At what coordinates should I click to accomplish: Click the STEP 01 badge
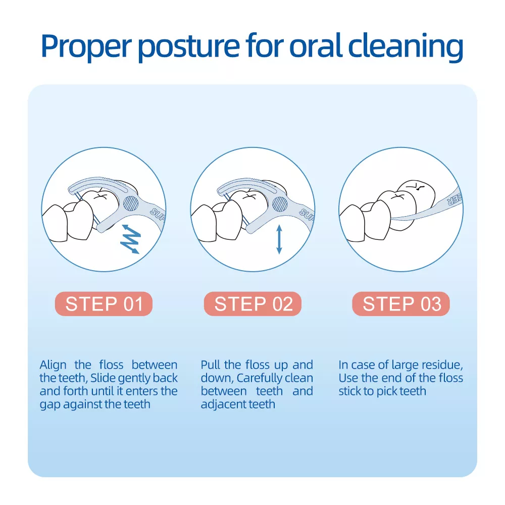tap(104, 304)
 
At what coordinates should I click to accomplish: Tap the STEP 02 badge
tap(252, 304)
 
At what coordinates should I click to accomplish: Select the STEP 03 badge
tap(401, 304)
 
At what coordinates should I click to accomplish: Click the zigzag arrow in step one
tap(130, 239)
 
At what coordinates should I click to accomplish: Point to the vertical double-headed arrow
tap(279, 239)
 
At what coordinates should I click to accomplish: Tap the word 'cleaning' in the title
tap(406, 46)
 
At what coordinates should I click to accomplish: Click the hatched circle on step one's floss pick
tap(131, 203)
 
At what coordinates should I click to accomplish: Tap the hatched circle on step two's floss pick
tap(280, 204)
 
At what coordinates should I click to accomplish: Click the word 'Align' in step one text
tap(53, 366)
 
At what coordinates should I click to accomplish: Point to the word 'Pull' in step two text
tap(210, 365)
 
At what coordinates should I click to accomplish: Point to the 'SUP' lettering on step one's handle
tap(158, 215)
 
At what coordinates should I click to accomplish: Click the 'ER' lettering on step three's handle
tap(454, 199)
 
